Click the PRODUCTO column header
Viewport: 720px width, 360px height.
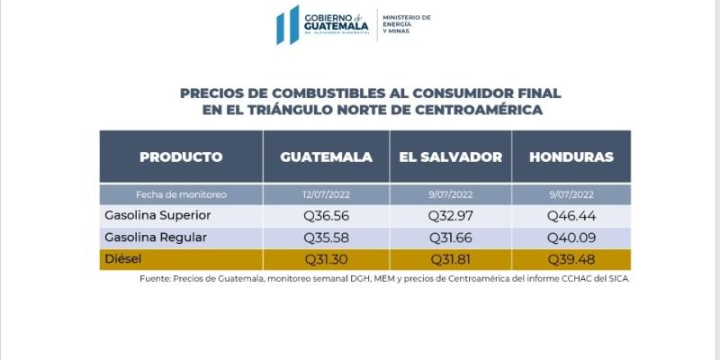[x=181, y=157]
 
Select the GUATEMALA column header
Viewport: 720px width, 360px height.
[x=326, y=157]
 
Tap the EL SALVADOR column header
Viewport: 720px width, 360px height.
[x=450, y=157]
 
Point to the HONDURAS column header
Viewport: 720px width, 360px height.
[x=571, y=157]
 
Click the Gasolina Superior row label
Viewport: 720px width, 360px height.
[x=157, y=216]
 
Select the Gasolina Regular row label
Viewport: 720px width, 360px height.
[x=156, y=238]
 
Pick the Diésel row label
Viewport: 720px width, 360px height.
[x=124, y=259]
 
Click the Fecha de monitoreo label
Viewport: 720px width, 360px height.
[x=181, y=194]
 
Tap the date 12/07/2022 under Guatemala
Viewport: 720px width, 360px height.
[x=326, y=194]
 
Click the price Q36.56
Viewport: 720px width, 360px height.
[x=326, y=216]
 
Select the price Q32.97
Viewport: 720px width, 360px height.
[x=450, y=216]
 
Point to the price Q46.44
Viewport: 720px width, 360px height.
[x=571, y=216]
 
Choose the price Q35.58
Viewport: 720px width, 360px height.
[x=326, y=238]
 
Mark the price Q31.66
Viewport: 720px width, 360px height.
[x=450, y=238]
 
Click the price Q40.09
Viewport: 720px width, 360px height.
[x=571, y=238]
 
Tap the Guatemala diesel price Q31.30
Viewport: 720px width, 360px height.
[x=326, y=259]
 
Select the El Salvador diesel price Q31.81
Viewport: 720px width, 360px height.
[x=450, y=259]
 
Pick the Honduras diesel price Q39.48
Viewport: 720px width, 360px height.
[x=571, y=259]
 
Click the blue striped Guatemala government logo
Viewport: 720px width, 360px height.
[x=288, y=24]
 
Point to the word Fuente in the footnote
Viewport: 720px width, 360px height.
[x=156, y=278]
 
